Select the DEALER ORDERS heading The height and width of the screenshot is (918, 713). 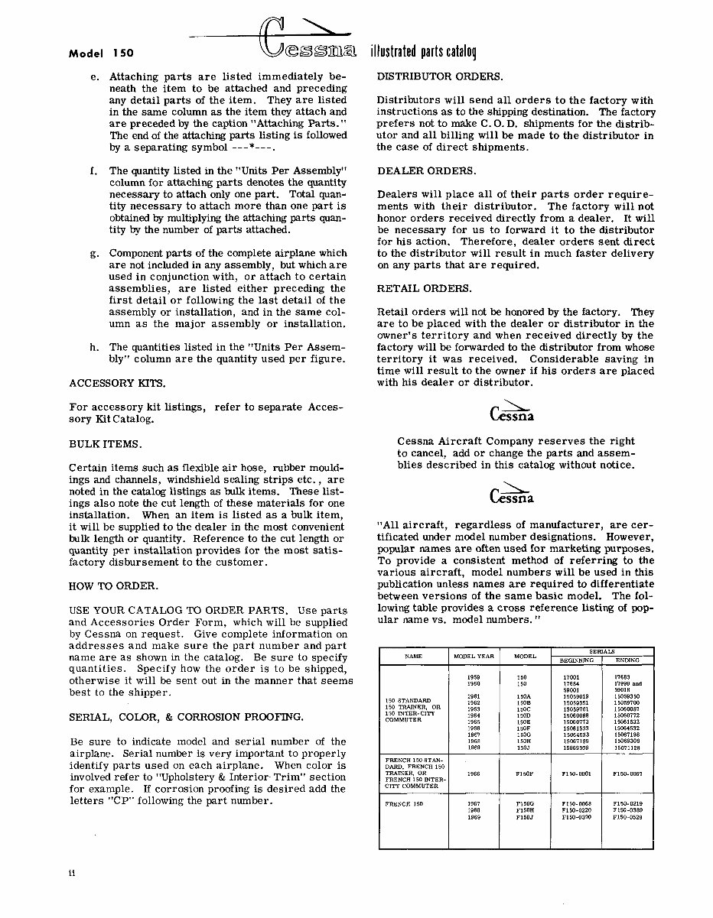(425, 170)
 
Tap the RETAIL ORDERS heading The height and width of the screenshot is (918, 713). (425, 288)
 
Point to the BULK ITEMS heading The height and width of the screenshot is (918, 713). (106, 443)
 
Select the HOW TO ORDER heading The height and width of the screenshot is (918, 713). (114, 586)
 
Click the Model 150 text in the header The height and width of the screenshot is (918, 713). (101, 54)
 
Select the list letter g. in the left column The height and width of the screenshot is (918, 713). (93, 253)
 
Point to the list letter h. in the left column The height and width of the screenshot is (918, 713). (93, 348)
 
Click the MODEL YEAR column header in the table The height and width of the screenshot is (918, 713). (474, 657)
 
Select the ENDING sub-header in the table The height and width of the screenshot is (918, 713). (627, 660)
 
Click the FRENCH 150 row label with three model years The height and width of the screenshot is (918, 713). (402, 804)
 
